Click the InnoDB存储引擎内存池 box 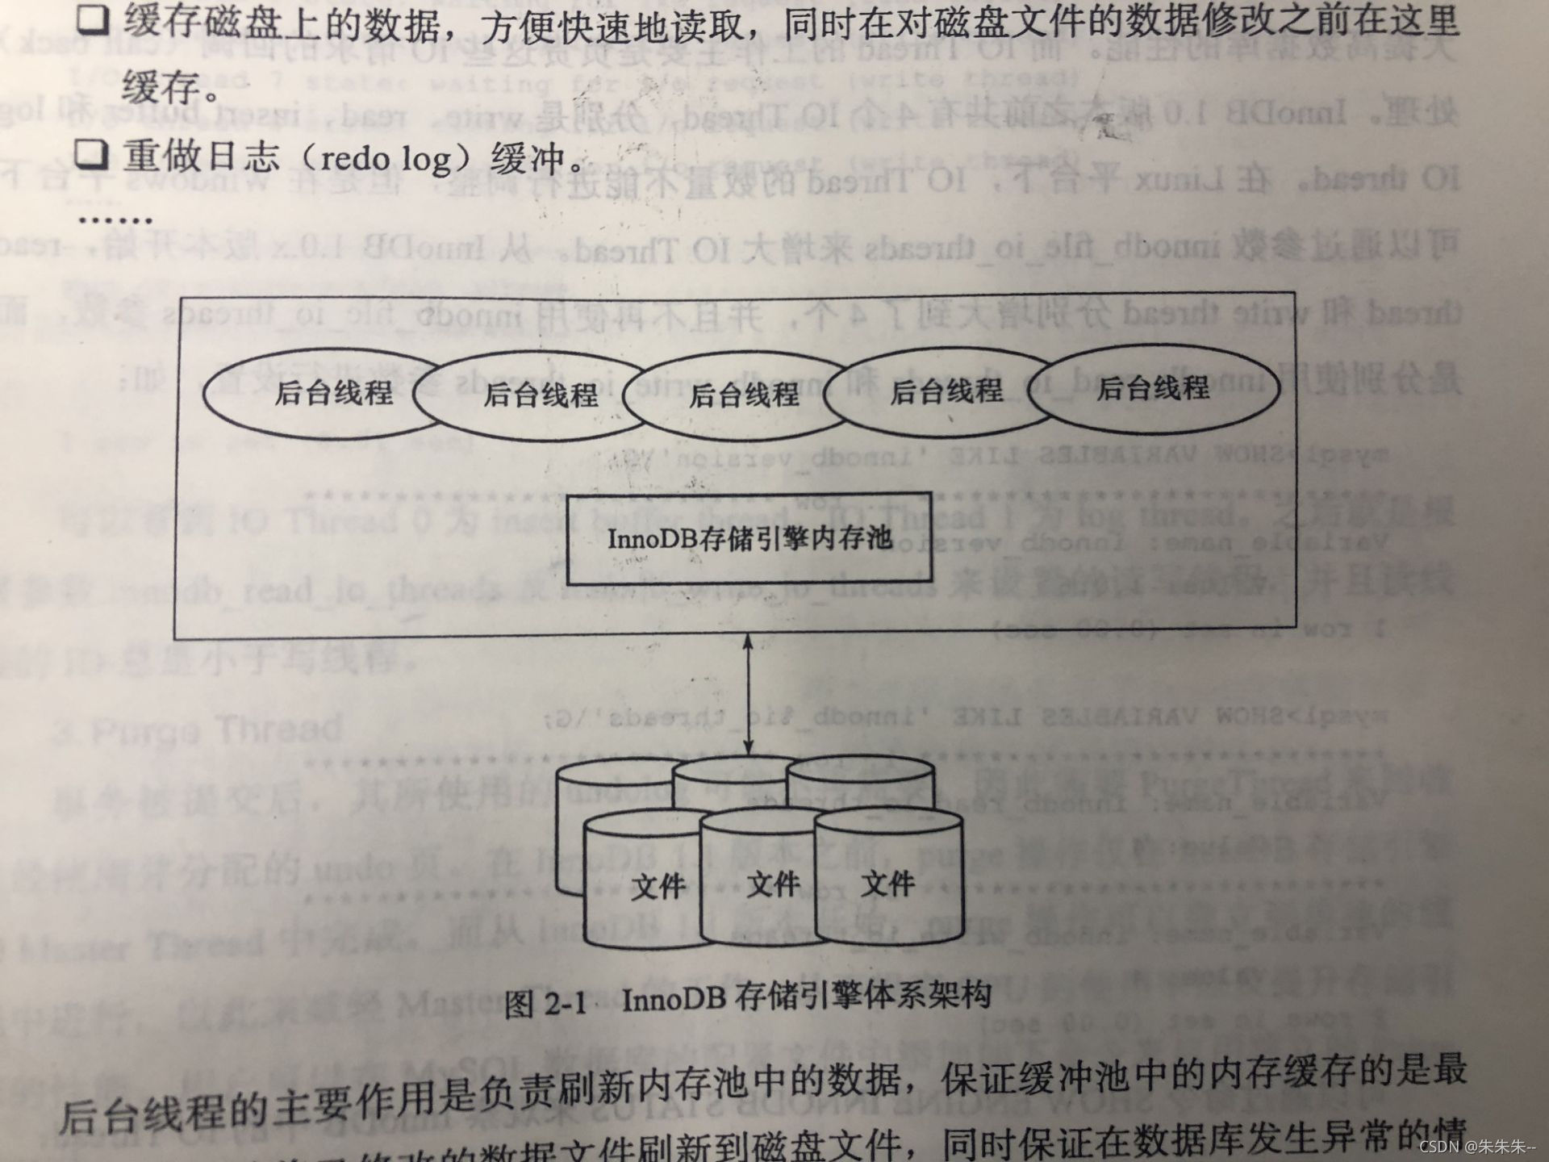tap(749, 538)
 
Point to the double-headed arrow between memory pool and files tap(748, 694)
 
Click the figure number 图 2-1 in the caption tap(545, 1004)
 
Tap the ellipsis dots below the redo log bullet tap(115, 219)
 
